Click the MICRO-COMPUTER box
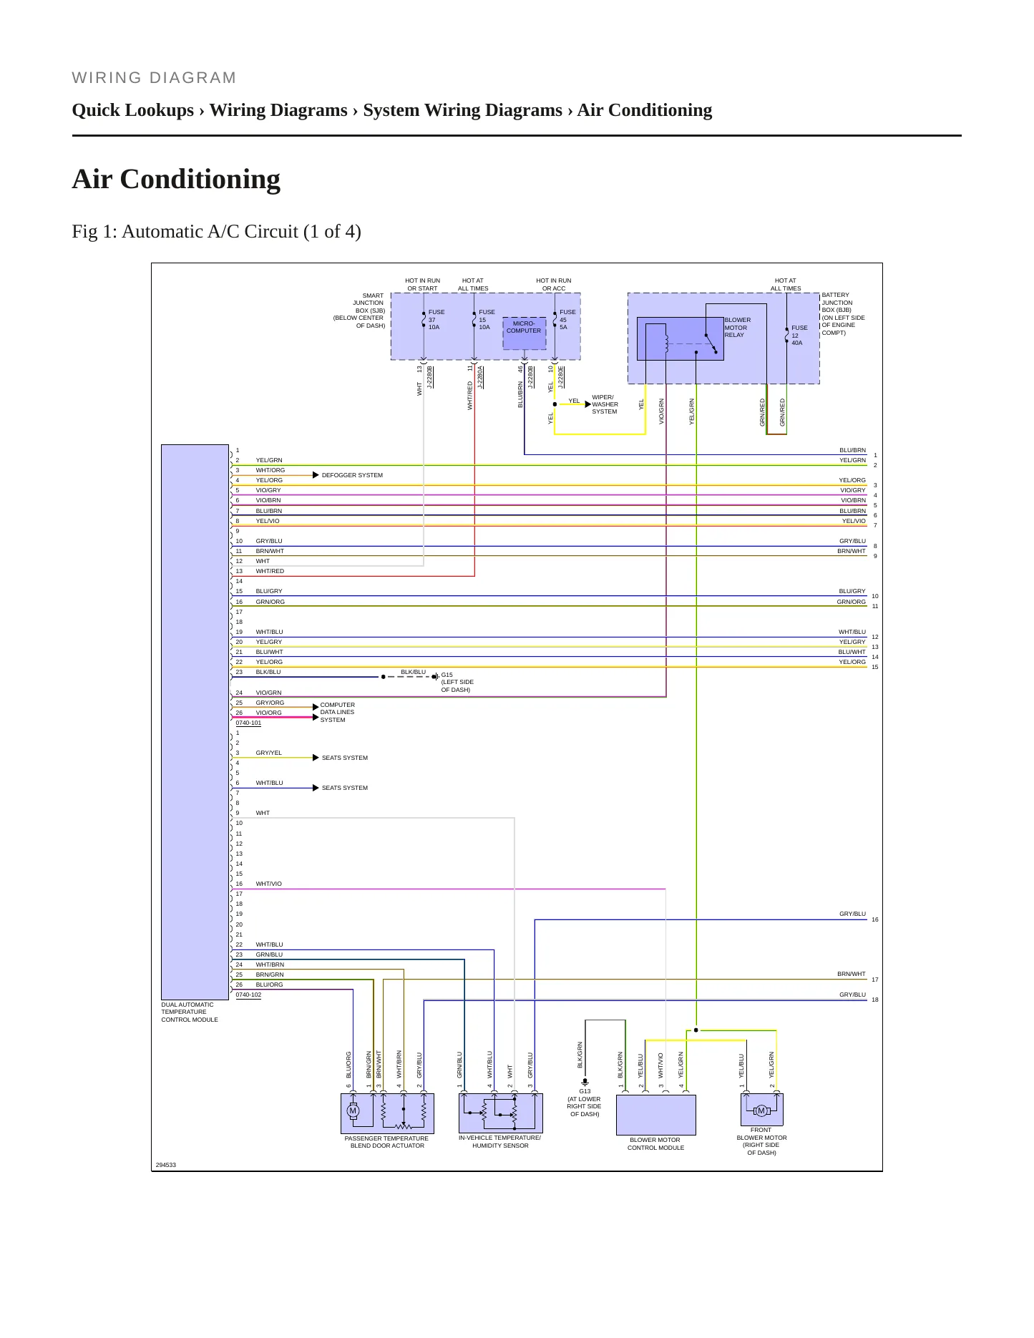pyautogui.click(x=524, y=334)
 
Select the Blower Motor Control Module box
pyautogui.click(x=655, y=1115)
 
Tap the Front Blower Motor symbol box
pyautogui.click(x=761, y=1110)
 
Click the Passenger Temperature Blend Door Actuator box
pyautogui.click(x=387, y=1113)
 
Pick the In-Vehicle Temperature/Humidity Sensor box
pyautogui.click(x=500, y=1113)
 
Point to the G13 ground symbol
pyautogui.click(x=585, y=1082)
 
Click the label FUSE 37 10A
pyautogui.click(x=436, y=320)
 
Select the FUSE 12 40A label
pyautogui.click(x=799, y=336)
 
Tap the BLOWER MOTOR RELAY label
pyautogui.click(x=738, y=328)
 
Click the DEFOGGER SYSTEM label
pyautogui.click(x=352, y=475)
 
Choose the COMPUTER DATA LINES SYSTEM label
pyautogui.click(x=337, y=713)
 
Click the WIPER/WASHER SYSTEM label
pyautogui.click(x=605, y=404)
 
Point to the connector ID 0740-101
pyautogui.click(x=248, y=723)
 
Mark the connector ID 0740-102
pyautogui.click(x=248, y=995)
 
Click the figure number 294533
pyautogui.click(x=165, y=1165)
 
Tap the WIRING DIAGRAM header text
pyautogui.click(x=154, y=78)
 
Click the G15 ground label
pyautogui.click(x=457, y=682)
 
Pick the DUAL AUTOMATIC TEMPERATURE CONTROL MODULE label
pyautogui.click(x=190, y=1012)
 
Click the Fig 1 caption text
pyautogui.click(x=216, y=232)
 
